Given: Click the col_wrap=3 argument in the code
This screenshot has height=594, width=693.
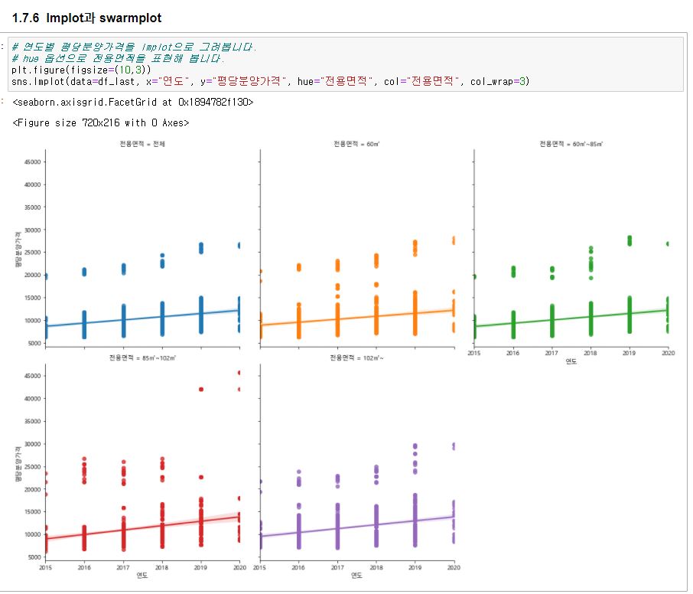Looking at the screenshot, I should pos(500,80).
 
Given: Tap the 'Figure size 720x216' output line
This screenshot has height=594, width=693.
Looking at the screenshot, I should pos(100,122).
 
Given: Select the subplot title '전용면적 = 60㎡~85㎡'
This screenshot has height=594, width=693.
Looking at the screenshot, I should pos(571,144).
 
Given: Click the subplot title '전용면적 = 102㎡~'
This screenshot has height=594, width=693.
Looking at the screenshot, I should pos(356,358).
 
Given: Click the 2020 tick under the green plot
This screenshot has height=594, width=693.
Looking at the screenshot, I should pos(667,354).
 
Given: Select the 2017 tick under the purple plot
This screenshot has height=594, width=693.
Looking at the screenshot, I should pos(337,568).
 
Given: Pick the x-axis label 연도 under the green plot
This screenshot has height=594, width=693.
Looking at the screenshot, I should pos(571,362).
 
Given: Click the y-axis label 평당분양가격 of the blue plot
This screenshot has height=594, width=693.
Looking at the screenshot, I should pos(17,251).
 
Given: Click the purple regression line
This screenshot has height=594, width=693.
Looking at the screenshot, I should pos(356,528).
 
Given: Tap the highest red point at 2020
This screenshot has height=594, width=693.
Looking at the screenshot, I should pos(240,373).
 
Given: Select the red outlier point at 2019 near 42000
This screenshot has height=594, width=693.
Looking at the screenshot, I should pos(201,390).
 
